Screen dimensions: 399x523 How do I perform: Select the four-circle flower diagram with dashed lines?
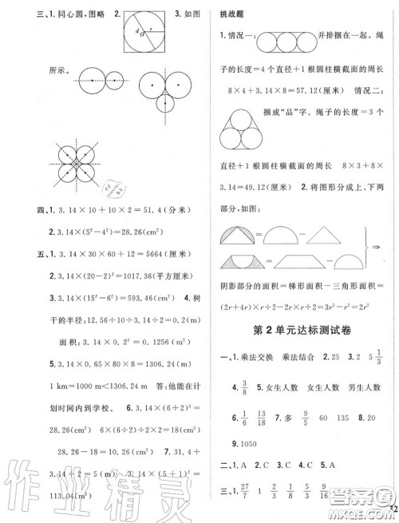pos(80,164)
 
